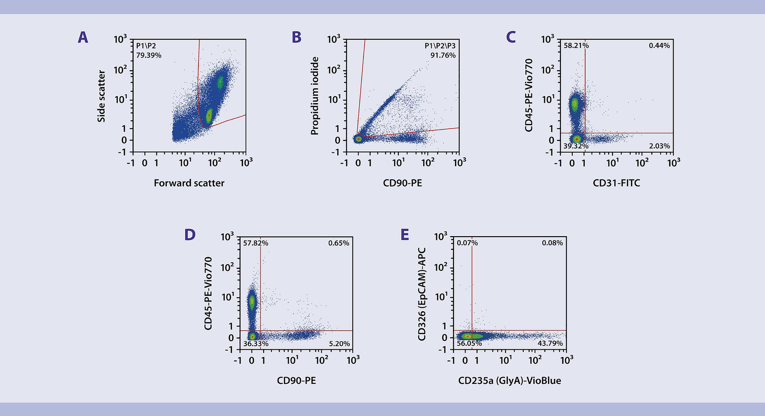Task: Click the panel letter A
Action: [83, 38]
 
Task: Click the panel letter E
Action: [405, 235]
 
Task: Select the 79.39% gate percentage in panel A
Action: [149, 55]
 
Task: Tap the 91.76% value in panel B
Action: [443, 55]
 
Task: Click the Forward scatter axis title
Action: [189, 183]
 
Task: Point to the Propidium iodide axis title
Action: [315, 96]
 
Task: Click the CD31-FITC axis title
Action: [616, 183]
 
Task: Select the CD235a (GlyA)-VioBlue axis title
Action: [509, 381]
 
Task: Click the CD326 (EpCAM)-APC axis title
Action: [422, 294]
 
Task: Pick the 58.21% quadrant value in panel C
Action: [576, 45]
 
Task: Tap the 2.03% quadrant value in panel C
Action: [659, 146]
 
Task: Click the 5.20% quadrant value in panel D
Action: [339, 344]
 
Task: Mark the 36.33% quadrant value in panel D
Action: [256, 344]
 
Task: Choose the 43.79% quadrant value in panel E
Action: [550, 343]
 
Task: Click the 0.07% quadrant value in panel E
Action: [467, 243]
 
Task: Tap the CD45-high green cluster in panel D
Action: [252, 301]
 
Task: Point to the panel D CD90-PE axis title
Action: [296, 381]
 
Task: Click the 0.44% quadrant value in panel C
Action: [659, 45]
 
